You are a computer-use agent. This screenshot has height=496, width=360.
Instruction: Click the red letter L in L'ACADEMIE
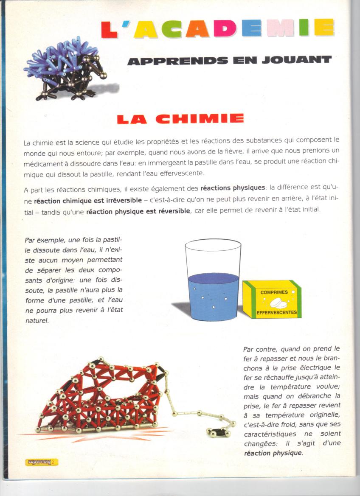tap(109, 28)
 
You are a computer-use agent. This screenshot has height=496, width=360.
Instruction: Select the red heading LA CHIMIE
tap(180, 119)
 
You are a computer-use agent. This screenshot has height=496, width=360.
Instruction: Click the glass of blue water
tap(213, 281)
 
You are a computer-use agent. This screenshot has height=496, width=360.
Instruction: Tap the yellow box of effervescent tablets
tap(272, 299)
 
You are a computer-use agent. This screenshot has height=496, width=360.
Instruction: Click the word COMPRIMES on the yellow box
tap(274, 292)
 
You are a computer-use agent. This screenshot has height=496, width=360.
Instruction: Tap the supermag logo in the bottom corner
tap(41, 462)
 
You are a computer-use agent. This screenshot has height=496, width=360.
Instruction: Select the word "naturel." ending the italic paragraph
tap(37, 321)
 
